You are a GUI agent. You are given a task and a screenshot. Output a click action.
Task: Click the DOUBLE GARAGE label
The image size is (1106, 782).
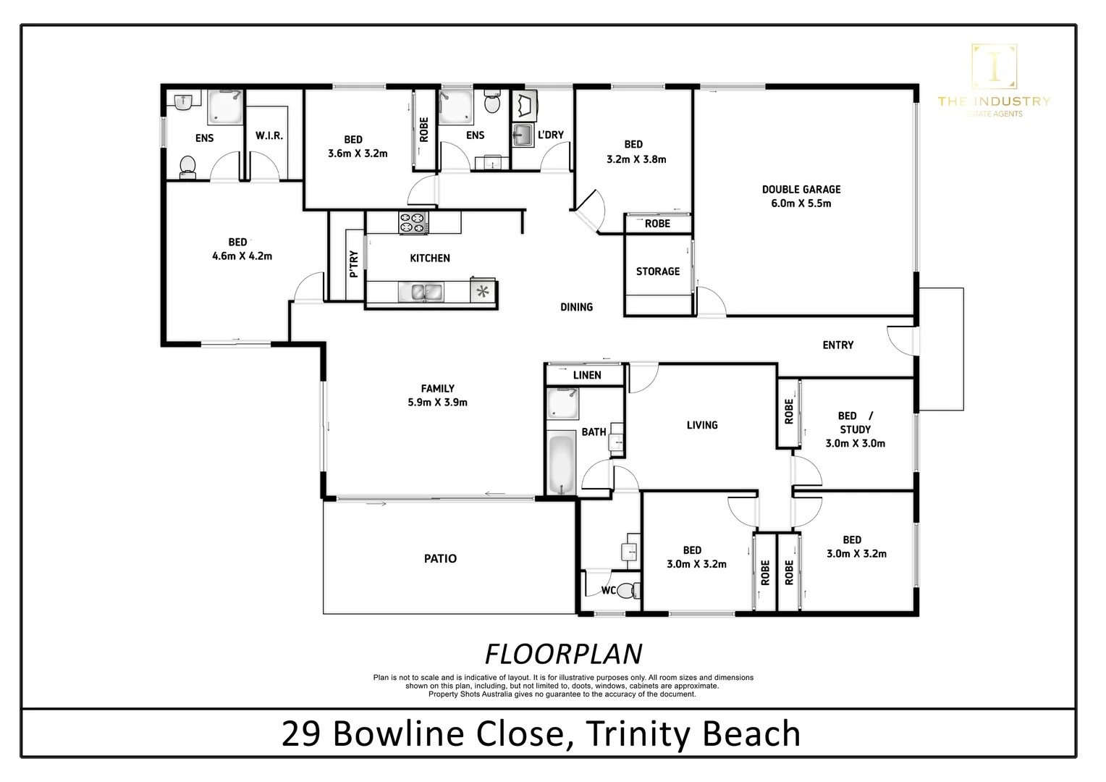[801, 189]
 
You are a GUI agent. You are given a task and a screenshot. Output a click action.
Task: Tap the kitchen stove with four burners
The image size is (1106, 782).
[414, 222]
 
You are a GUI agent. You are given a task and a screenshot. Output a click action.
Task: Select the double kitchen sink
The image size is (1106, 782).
[421, 292]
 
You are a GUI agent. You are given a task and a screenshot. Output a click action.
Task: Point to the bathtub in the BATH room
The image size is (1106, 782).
[562, 463]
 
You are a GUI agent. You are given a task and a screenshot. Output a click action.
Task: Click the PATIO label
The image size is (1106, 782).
[440, 559]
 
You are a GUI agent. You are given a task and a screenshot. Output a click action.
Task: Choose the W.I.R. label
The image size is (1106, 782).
[269, 135]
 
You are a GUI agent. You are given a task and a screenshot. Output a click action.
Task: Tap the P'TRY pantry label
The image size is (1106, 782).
[353, 264]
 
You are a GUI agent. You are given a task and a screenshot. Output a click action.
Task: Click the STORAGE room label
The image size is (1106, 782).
[658, 272]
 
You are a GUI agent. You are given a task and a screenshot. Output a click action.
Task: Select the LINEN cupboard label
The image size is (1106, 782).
[587, 375]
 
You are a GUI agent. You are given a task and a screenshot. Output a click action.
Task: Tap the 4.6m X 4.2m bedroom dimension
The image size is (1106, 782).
[242, 256]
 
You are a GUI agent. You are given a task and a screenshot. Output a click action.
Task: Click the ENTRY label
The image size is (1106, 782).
[838, 345]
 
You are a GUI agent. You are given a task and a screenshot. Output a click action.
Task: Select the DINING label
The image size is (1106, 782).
[576, 307]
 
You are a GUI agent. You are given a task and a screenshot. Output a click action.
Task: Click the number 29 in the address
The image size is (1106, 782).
[300, 733]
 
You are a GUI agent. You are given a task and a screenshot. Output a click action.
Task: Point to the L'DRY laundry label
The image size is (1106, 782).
[551, 135]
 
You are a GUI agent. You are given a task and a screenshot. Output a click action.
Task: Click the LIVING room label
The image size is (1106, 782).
[702, 425]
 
